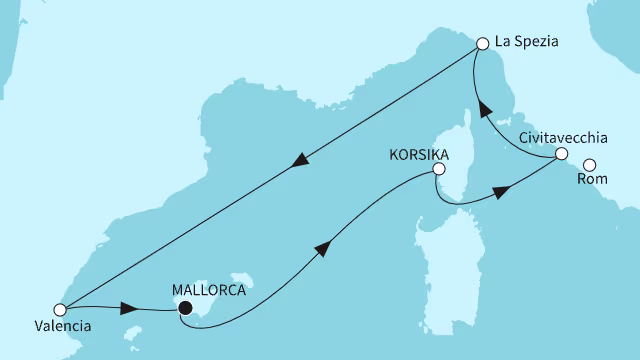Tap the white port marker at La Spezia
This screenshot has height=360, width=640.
[483, 44]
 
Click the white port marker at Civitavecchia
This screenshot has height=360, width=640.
[561, 154]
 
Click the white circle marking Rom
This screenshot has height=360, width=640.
[589, 165]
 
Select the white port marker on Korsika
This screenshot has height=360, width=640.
[437, 170]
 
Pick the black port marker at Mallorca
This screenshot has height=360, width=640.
[184, 309]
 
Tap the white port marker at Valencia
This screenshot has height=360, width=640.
[60, 309]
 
